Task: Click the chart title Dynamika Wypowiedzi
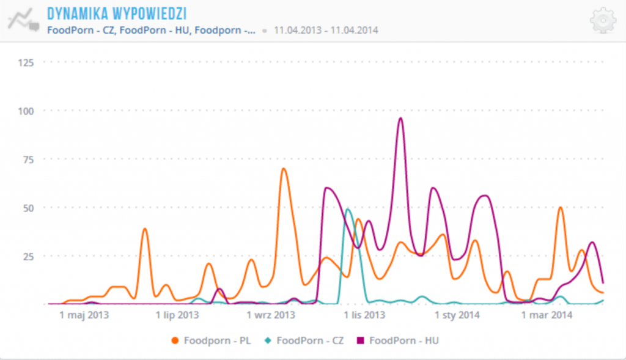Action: (x=116, y=13)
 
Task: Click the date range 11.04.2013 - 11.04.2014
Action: (x=326, y=29)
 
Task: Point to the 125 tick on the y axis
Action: (x=26, y=62)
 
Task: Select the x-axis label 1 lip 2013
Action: (x=177, y=315)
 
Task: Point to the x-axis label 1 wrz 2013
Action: (x=271, y=315)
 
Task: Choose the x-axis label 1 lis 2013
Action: (x=364, y=315)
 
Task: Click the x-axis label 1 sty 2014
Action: (x=457, y=315)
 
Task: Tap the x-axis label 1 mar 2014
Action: (x=547, y=315)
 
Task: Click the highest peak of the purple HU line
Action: (x=400, y=119)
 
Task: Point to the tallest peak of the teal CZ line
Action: (x=348, y=210)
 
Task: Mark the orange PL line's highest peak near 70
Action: (x=283, y=169)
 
